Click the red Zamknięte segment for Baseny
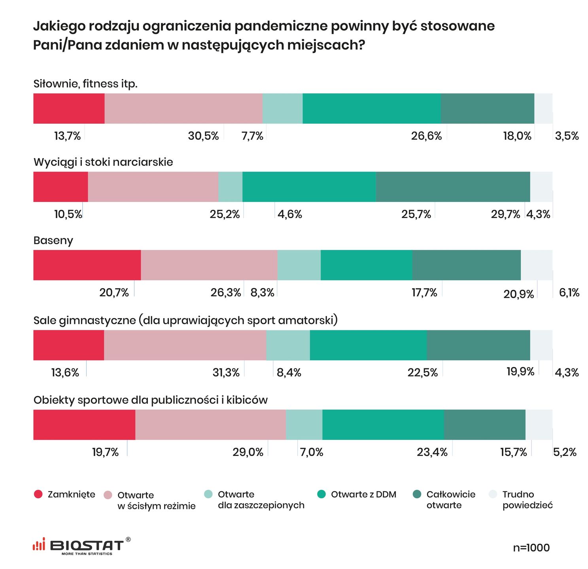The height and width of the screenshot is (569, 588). click(x=87, y=265)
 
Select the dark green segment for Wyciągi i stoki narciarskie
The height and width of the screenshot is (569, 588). click(x=453, y=187)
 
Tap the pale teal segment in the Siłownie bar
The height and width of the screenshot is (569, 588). click(x=282, y=109)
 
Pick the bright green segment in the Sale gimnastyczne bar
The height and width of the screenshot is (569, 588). click(x=368, y=345)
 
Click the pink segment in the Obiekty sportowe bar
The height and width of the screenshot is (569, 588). click(x=210, y=425)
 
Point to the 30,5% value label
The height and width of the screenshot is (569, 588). click(x=203, y=136)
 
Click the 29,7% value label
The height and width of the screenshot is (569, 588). click(x=505, y=215)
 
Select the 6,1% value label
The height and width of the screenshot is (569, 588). click(x=569, y=293)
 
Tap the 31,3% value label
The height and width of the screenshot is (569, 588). click(x=226, y=373)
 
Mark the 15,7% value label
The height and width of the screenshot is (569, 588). click(x=513, y=452)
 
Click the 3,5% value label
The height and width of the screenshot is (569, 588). click(x=567, y=136)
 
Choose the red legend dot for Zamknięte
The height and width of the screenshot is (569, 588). click(x=38, y=494)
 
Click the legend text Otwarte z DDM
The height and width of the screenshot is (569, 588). click(x=363, y=494)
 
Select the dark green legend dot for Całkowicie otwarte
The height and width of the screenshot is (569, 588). click(x=417, y=494)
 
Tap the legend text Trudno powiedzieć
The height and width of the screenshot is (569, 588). click(x=527, y=500)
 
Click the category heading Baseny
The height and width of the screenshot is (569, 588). click(x=53, y=241)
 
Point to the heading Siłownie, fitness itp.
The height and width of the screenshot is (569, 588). click(x=85, y=84)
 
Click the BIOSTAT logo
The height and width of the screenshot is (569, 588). click(x=81, y=546)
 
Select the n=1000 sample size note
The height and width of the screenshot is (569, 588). click(x=531, y=548)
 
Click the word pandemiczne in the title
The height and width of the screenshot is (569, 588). click(x=280, y=26)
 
